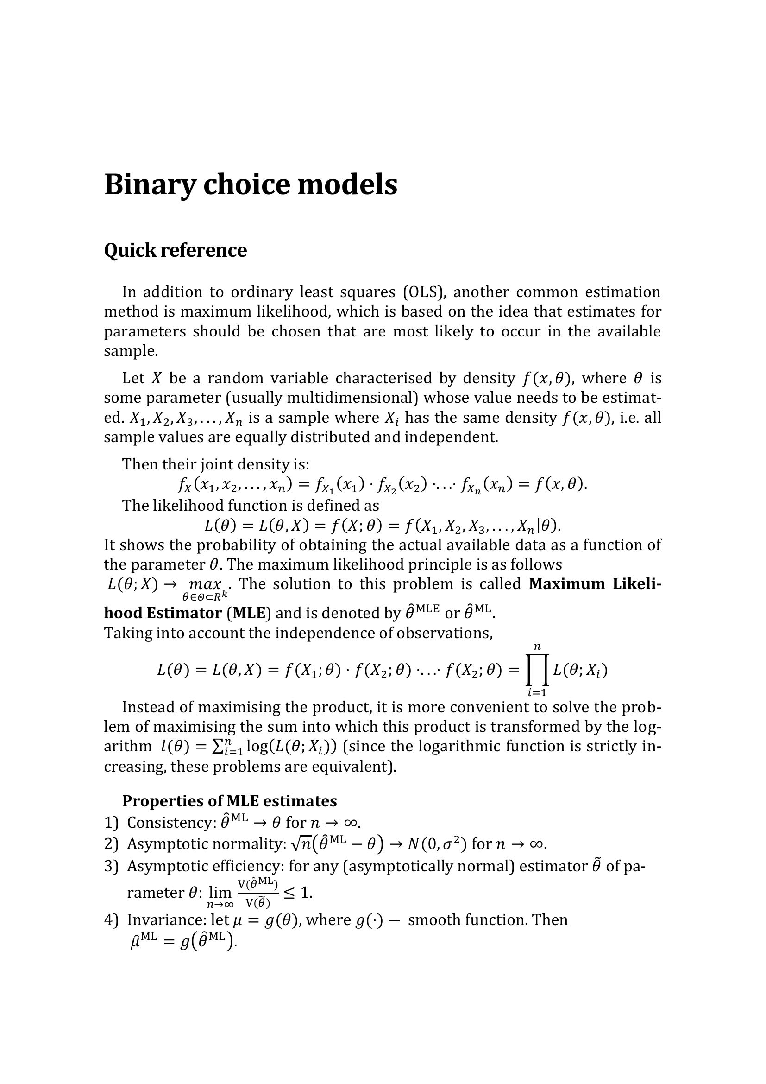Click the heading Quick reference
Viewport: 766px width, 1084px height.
click(175, 250)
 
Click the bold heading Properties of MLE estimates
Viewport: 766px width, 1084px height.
click(229, 801)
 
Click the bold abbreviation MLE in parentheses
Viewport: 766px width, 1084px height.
click(250, 613)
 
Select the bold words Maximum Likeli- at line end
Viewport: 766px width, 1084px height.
click(595, 584)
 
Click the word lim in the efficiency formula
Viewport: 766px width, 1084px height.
click(220, 892)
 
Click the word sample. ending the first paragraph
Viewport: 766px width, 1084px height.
click(131, 351)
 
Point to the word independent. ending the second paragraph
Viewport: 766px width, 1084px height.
click(451, 437)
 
